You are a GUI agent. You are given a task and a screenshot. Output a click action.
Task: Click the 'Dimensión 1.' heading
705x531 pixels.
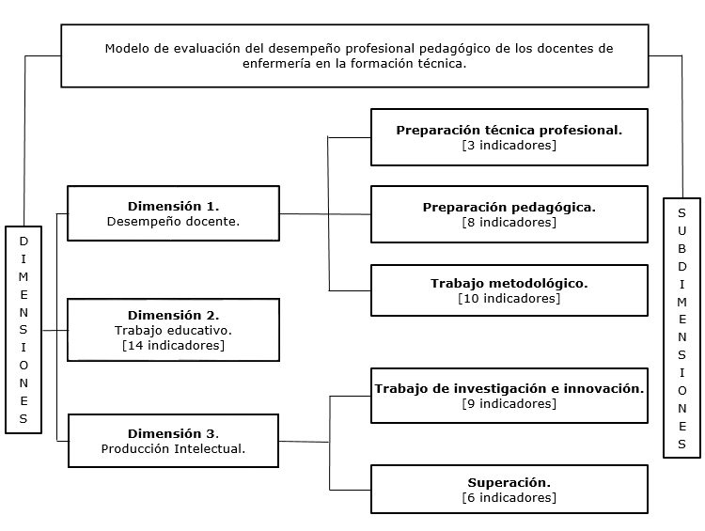pos(173,206)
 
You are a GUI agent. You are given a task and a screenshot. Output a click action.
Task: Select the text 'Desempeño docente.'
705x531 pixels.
pos(173,222)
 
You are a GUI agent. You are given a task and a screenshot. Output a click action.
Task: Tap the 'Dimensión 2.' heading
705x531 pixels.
pos(173,315)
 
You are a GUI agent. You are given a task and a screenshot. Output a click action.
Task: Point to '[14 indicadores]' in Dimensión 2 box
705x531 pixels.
pos(173,345)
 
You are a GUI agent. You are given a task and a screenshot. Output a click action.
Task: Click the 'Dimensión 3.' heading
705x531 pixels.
pos(173,433)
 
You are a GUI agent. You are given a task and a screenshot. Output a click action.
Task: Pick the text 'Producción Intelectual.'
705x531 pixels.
pos(173,448)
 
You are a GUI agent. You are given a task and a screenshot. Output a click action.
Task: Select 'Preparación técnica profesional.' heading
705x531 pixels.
pos(509,131)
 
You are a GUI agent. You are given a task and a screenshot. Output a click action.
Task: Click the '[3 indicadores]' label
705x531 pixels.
pos(509,146)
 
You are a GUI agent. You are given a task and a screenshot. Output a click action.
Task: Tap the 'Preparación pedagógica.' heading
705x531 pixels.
pos(509,207)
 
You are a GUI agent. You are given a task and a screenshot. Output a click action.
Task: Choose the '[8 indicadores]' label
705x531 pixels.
pos(509,223)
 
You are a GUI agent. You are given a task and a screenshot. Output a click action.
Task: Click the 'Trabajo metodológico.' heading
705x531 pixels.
pos(509,283)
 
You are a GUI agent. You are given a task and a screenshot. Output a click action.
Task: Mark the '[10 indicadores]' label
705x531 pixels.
pos(509,298)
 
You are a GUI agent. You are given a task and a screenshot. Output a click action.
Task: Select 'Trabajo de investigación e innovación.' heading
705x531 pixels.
pos(509,388)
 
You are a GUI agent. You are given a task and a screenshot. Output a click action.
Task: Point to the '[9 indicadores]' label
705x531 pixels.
pos(509,403)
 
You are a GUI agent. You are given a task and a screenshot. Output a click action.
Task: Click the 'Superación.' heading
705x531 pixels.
pos(509,482)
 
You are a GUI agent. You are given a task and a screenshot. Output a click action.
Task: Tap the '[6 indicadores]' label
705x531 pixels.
pos(509,497)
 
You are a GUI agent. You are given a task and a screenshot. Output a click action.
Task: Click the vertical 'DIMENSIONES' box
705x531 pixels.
pos(23,329)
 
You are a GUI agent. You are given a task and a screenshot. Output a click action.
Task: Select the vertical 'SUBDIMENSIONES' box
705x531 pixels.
pos(681,327)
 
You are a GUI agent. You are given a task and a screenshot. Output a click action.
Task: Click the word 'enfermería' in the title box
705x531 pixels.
pos(274,64)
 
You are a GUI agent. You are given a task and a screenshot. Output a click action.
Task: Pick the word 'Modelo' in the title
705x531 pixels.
pos(127,49)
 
